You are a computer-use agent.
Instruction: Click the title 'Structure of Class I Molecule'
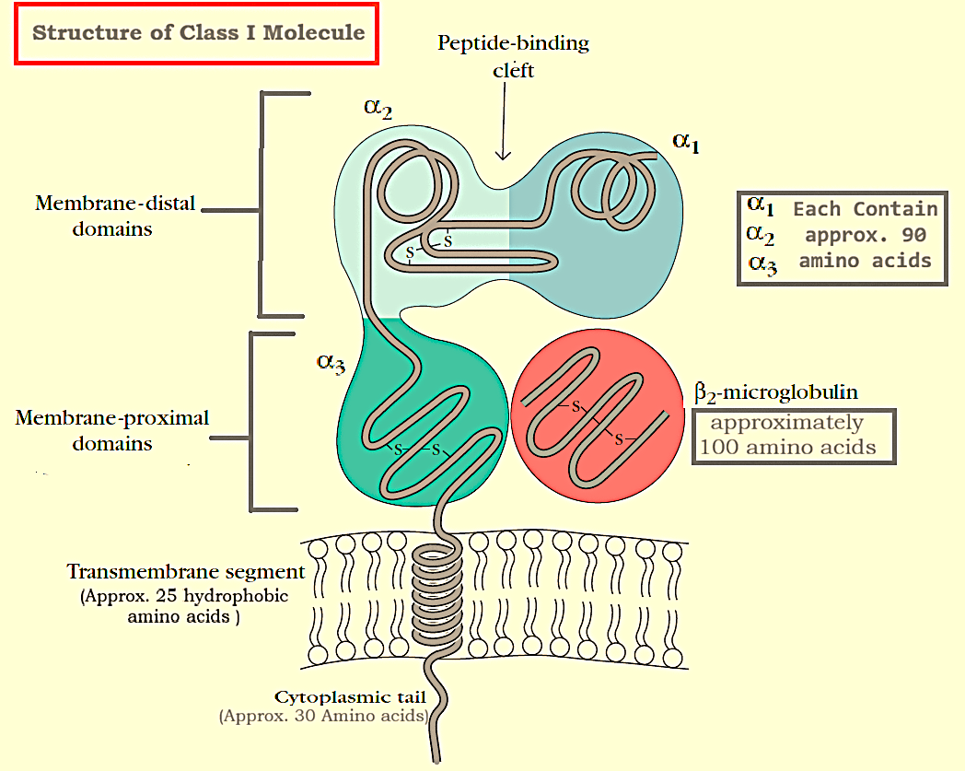(x=198, y=34)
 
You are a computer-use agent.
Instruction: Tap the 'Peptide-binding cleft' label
(x=513, y=56)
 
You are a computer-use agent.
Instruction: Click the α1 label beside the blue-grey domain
(x=686, y=142)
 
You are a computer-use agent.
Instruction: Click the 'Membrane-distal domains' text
(x=115, y=215)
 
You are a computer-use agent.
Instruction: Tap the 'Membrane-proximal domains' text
(x=112, y=430)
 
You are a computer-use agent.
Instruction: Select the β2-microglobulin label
(x=776, y=392)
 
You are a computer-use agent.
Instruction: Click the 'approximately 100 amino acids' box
(x=793, y=436)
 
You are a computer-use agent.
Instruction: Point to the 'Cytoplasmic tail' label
(x=349, y=697)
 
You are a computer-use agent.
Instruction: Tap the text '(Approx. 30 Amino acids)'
(x=323, y=716)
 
